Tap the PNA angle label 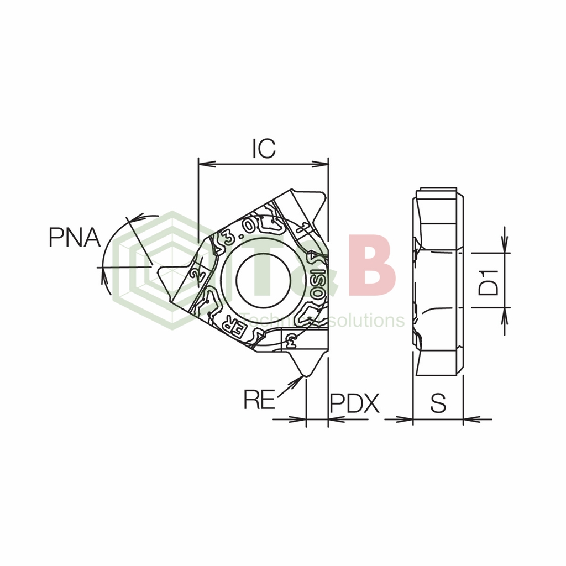pyautogui.click(x=74, y=237)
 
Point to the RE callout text pyautogui.click(x=259, y=399)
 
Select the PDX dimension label pyautogui.click(x=355, y=404)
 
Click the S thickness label pyautogui.click(x=438, y=403)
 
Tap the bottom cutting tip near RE pyautogui.click(x=303, y=374)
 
